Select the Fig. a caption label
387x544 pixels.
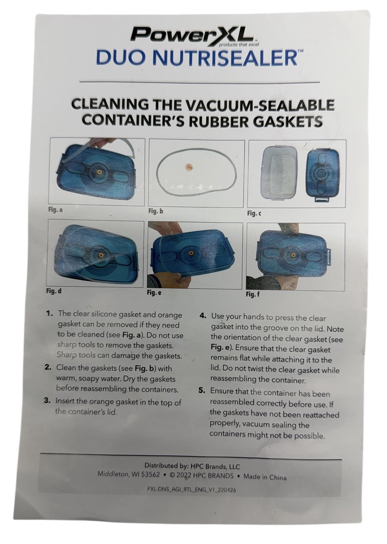pyautogui.click(x=55, y=210)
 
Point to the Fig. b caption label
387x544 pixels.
pyautogui.click(x=156, y=211)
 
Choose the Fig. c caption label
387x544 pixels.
pyautogui.click(x=254, y=214)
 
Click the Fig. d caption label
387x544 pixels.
pyautogui.click(x=54, y=291)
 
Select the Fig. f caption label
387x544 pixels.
pyautogui.click(x=253, y=294)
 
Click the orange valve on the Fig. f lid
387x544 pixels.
pyautogui.click(x=292, y=255)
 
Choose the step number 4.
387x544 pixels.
pyautogui.click(x=203, y=316)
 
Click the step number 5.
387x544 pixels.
pyautogui.click(x=202, y=390)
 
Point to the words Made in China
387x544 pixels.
pyautogui.click(x=265, y=477)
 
